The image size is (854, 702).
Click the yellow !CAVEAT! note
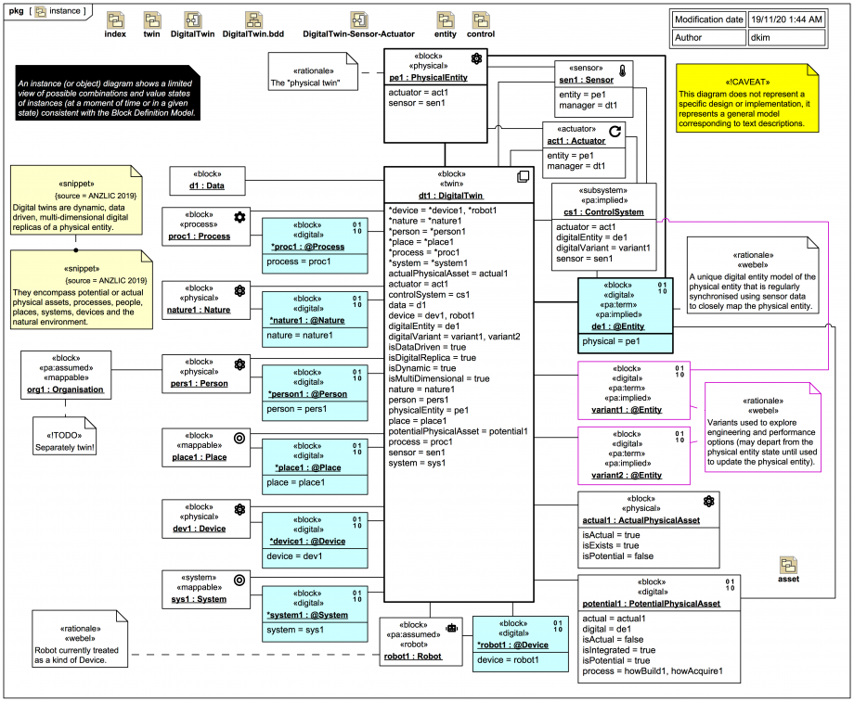(747, 102)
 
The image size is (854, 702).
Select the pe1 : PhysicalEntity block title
(428, 78)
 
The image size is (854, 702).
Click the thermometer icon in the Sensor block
(623, 70)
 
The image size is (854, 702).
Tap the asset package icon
(788, 565)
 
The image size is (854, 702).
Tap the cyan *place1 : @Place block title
(306, 467)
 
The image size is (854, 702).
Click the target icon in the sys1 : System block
(239, 580)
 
